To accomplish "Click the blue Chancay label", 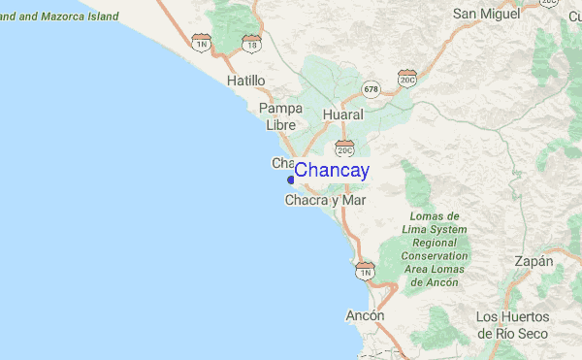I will click(x=331, y=171).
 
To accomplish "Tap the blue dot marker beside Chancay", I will click(x=291, y=179).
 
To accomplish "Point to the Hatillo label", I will click(x=245, y=81).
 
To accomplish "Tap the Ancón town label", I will click(x=365, y=316).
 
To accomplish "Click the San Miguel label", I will click(x=486, y=14).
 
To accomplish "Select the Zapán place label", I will click(x=533, y=261).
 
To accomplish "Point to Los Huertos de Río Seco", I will click(x=512, y=324).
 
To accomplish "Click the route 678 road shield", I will click(x=371, y=89).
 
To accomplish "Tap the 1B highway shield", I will click(x=252, y=44).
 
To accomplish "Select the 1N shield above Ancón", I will click(x=366, y=272).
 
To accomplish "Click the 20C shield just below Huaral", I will click(x=345, y=148).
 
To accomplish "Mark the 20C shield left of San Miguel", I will click(x=407, y=78).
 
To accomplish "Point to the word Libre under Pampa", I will click(x=280, y=124).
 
